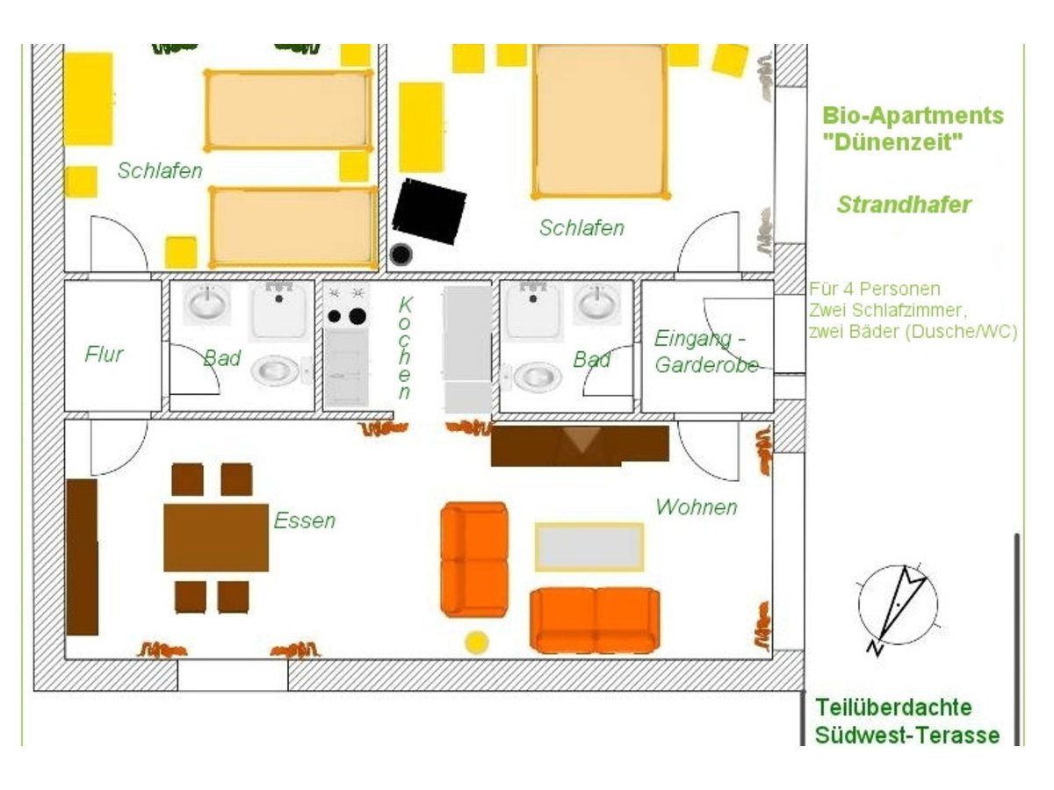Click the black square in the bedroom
[x=429, y=211]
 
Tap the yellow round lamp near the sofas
[x=477, y=643]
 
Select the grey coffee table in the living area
[x=589, y=547]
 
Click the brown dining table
[x=216, y=537]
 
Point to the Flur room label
[x=104, y=354]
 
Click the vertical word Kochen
[x=405, y=348]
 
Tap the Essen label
[x=305, y=521]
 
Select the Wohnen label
[x=697, y=507]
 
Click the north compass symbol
[x=897, y=606]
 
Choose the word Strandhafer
[x=904, y=205]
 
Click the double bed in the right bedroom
[x=600, y=121]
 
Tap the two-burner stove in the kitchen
[x=346, y=305]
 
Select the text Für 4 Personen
[x=875, y=289]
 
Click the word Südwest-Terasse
[x=907, y=735]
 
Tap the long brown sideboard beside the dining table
[x=82, y=557]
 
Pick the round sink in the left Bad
[x=207, y=303]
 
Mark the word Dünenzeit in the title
[x=892, y=142]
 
